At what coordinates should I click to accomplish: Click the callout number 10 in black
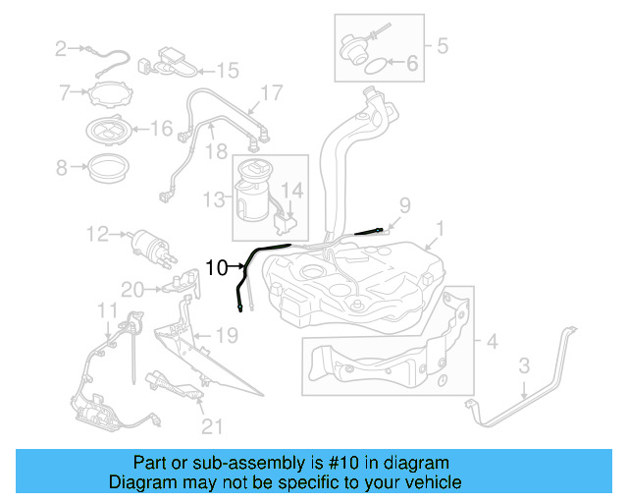click(x=216, y=265)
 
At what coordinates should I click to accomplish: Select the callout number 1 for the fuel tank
click(x=441, y=229)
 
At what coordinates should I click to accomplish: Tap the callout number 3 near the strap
click(x=524, y=365)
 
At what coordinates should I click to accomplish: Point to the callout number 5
click(x=441, y=44)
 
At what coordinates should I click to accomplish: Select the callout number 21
click(x=212, y=425)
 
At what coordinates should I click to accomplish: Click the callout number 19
click(x=227, y=335)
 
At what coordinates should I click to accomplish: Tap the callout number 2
click(x=61, y=47)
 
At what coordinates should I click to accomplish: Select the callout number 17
click(x=271, y=93)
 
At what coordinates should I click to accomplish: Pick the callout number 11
click(x=106, y=311)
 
